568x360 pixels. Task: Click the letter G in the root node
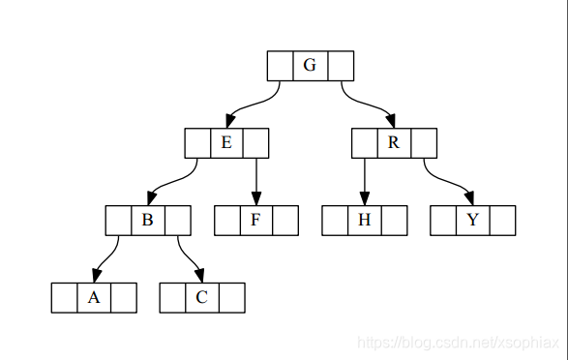(x=310, y=66)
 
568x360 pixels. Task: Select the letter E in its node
(x=226, y=143)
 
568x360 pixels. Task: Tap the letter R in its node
(x=394, y=143)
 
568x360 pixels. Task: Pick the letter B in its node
(x=147, y=220)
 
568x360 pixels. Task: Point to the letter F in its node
(x=255, y=220)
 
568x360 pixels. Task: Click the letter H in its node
(x=364, y=220)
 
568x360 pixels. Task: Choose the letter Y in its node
(x=472, y=220)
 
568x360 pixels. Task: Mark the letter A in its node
(x=94, y=297)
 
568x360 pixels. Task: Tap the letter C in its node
(x=201, y=297)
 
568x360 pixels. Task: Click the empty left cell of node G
(x=280, y=66)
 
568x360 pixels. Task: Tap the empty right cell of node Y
(x=502, y=220)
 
